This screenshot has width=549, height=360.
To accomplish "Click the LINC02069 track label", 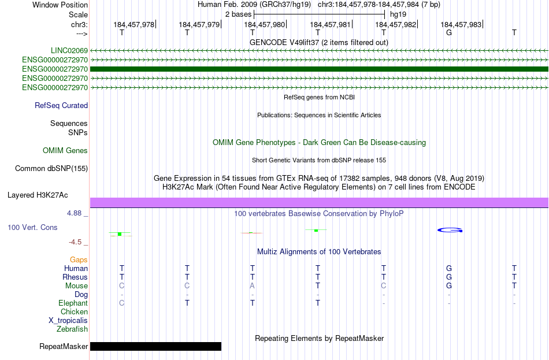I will (69, 51).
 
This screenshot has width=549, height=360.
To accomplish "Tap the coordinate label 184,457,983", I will (461, 24).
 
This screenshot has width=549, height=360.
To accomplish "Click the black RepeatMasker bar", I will (155, 346).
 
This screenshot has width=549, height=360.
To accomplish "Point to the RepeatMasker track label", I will (64, 347).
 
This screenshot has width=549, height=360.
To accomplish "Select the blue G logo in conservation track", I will (450, 230).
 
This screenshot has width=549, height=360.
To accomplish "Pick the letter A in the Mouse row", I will (253, 285).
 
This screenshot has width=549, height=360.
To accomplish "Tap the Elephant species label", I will (73, 303).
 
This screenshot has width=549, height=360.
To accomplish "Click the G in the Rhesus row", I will (449, 277).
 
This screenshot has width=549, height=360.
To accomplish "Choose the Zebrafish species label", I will (72, 329).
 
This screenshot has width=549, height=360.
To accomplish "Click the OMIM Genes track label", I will (65, 150).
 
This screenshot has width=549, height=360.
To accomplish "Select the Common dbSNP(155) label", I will (51, 168).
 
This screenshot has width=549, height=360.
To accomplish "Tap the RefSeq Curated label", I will (61, 105).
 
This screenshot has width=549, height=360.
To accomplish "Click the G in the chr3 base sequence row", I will (449, 32).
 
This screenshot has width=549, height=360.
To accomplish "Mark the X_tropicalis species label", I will (68, 320).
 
